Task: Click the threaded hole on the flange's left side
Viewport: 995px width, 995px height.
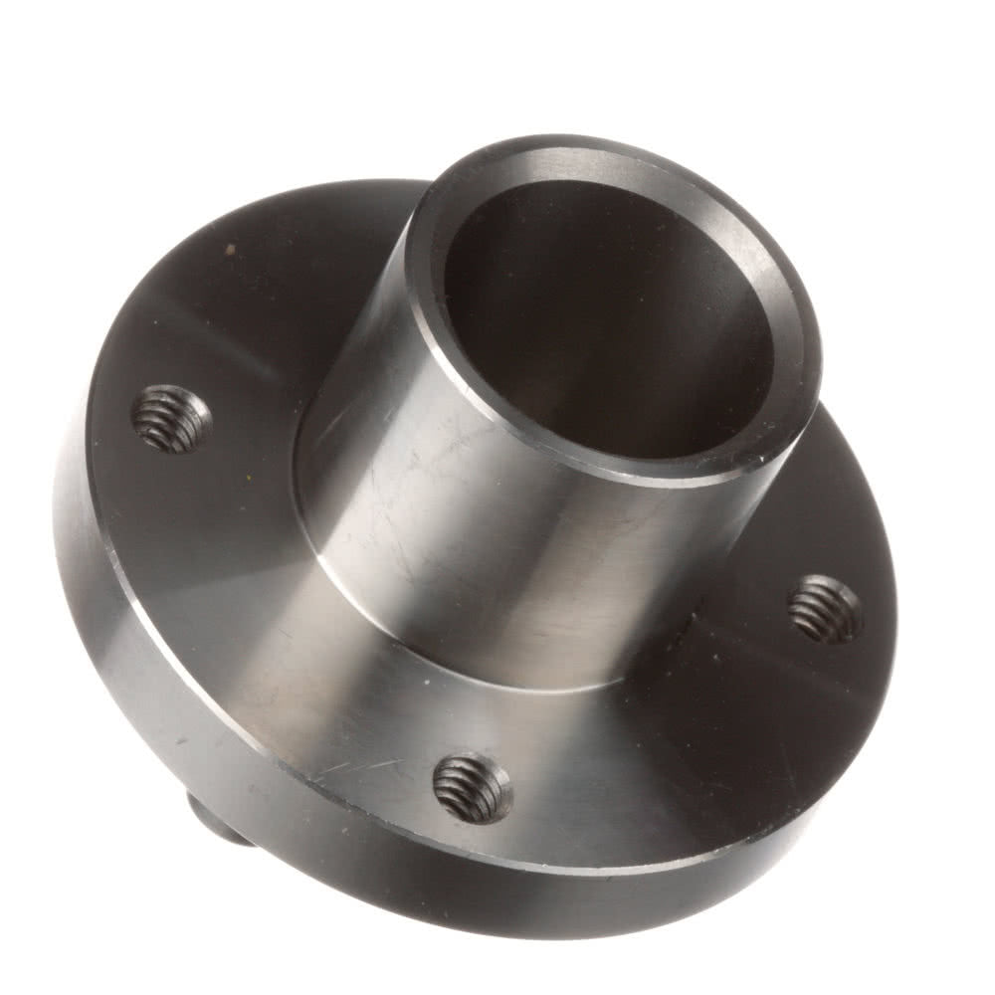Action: coord(171,419)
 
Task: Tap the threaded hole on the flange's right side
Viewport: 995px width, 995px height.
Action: coord(825,609)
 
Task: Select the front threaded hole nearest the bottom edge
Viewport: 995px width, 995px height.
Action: coord(473,788)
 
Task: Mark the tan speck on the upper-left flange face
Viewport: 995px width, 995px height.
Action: coord(231,249)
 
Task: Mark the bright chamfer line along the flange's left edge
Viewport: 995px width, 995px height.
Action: coord(99,557)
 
